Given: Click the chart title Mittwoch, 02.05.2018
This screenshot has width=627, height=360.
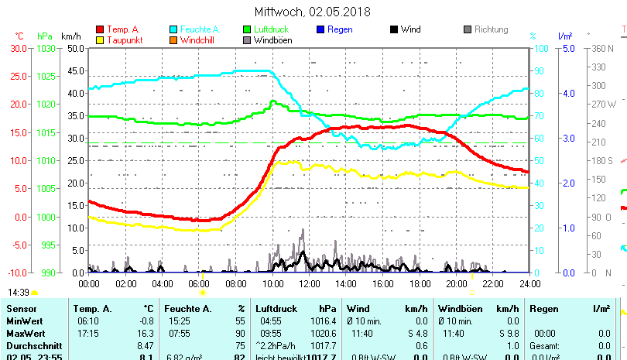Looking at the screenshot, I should tap(313, 12).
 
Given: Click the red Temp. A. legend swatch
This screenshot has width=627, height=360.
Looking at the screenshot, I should tap(100, 30).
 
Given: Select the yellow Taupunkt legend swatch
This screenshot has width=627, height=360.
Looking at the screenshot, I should tap(100, 40).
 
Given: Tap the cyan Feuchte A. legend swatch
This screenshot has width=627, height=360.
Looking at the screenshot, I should tap(173, 30).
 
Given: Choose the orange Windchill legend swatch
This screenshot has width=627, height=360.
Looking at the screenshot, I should tap(173, 40).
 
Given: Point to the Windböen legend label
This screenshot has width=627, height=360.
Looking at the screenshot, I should tap(273, 40).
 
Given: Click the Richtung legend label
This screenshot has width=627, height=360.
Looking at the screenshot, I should tap(491, 30).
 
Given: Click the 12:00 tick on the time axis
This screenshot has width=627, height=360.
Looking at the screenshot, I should tap(309, 283).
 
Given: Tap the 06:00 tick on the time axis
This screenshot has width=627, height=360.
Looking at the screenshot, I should tap(199, 283).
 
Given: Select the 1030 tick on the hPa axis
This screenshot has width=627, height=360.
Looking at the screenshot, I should tap(46, 48).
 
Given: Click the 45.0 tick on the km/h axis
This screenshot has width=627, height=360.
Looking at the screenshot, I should tap(75, 70).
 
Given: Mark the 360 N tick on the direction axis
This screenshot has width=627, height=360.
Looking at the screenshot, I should tap(603, 48).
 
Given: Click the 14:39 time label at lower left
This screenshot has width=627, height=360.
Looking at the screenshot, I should tap(19, 293).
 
